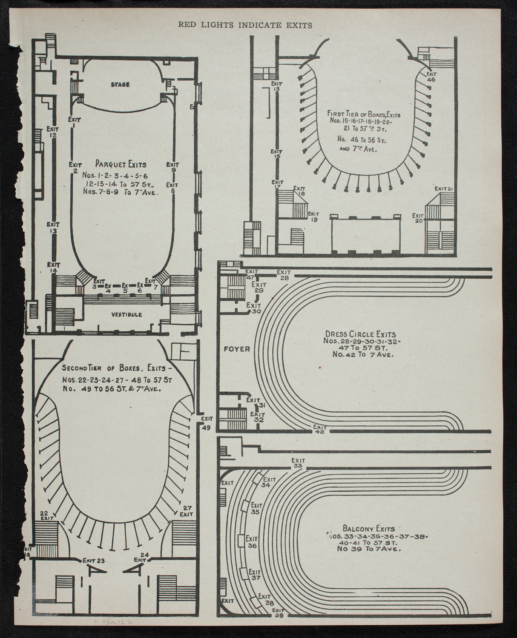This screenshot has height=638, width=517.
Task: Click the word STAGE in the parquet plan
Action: click(120, 85)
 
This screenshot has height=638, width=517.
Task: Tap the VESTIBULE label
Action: click(126, 314)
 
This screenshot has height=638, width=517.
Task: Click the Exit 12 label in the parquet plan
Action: click(52, 132)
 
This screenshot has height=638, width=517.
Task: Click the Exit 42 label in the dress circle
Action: click(319, 429)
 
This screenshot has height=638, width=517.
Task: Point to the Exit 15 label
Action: click(276, 86)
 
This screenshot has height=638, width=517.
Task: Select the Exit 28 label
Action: click(284, 275)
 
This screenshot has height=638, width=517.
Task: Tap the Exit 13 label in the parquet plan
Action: click(53, 228)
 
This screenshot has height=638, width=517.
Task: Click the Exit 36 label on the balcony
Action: click(252, 542)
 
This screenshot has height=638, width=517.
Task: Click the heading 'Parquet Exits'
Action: click(121, 164)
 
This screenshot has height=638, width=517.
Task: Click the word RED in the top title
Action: click(186, 25)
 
